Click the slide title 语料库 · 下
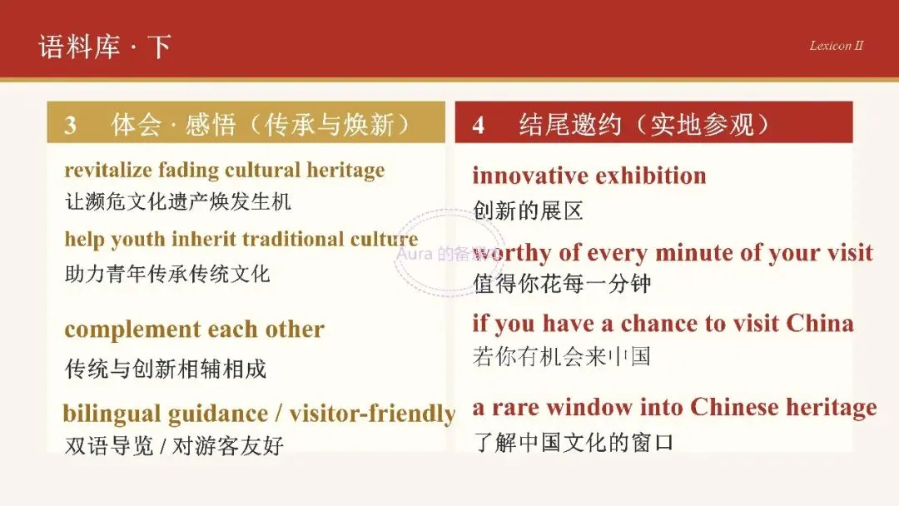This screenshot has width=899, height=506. click(105, 47)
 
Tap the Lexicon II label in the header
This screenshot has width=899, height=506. click(836, 46)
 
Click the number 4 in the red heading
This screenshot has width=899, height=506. click(478, 125)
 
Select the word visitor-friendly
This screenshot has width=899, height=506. click(372, 414)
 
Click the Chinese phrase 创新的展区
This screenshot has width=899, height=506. click(528, 211)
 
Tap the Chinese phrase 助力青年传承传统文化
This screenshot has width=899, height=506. click(166, 273)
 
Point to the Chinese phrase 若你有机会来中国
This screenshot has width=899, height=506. click(561, 356)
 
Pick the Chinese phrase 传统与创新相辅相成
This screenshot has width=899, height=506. click(165, 369)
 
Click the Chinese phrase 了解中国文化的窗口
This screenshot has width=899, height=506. click(573, 442)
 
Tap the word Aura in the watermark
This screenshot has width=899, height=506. click(415, 253)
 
